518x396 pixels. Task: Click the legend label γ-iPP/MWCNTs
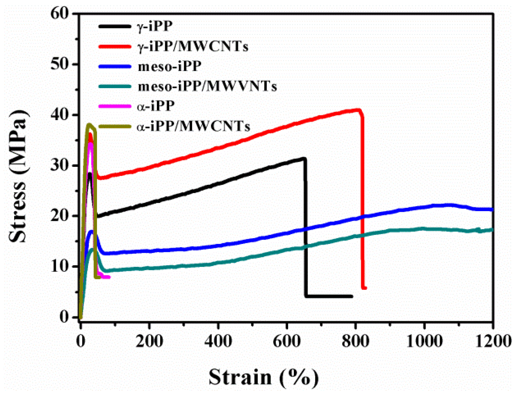[x=193, y=47]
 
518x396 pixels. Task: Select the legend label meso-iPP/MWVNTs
[x=207, y=87]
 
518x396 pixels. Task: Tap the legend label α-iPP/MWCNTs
[x=193, y=126]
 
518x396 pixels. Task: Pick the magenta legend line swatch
[x=115, y=106]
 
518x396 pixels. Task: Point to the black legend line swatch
[x=115, y=26]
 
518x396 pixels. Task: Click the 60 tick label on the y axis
[x=60, y=14]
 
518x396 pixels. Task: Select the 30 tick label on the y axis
[x=60, y=165]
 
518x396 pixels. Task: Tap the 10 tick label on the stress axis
[x=60, y=267]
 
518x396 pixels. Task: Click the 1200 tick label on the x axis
[x=493, y=341]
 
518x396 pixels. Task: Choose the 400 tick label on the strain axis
[x=218, y=341]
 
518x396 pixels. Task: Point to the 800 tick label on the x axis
[x=355, y=341]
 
